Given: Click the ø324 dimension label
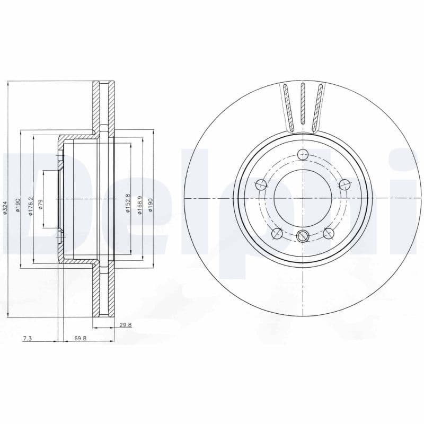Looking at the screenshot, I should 5,207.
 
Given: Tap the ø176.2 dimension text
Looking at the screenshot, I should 31,205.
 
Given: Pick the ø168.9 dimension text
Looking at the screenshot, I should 140,204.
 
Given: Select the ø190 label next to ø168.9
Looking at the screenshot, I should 151,205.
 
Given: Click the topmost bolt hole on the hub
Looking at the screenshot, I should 303,155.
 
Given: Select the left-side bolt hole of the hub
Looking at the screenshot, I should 261,185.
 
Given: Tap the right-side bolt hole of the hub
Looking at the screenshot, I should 344,185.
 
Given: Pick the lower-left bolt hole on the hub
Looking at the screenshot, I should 276,233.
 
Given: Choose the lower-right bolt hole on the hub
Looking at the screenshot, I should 329,233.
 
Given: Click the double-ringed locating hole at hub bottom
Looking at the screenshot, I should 303,236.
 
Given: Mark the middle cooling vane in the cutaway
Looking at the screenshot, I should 303,104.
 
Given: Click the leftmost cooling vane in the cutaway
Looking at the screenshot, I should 287,106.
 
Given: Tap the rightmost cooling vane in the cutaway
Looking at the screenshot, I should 319,106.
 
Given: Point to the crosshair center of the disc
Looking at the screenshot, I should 303,198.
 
